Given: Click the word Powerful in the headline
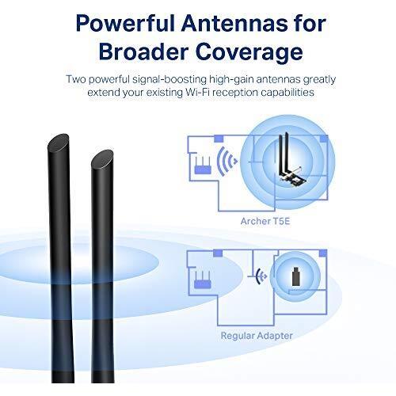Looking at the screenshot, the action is point(125,24).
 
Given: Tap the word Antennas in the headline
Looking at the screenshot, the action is point(234,24).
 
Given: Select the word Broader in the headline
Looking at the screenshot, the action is point(143,51).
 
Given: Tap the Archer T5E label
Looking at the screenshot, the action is point(265,221).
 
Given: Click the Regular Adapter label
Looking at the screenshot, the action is point(257,336).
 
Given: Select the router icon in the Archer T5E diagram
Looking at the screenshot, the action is point(203,166).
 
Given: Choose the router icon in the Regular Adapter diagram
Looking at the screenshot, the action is point(202,280).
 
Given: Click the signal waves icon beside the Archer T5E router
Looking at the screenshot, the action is point(227,161).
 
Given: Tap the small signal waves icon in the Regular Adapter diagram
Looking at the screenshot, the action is point(261,276).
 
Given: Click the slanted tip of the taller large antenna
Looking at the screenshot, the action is point(59,143).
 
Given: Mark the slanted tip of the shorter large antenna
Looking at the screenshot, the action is point(102,158).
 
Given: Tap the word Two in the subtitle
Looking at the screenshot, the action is point(76,79).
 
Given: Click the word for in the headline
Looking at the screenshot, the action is point(309,24).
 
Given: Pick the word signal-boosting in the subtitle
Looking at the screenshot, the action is point(169,80).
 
